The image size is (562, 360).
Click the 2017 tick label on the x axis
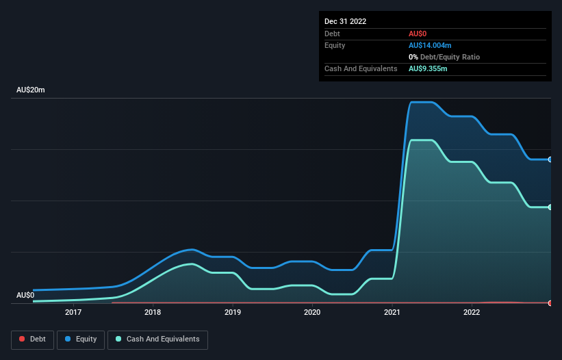coord(73,312)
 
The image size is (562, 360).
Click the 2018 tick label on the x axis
coord(153,312)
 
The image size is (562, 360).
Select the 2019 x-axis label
coord(233,312)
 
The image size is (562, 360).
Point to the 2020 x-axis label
coord(312,312)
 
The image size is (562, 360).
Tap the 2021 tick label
coord(392,312)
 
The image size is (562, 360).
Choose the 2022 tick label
coord(472,312)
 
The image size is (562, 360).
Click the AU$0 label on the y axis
coord(25,295)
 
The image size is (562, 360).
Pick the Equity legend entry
coord(81,339)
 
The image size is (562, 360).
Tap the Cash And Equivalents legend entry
coord(157,339)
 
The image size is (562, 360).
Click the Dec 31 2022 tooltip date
coord(345,21)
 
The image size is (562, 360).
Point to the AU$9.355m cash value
coord(429,68)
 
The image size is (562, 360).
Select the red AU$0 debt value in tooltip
coord(418,34)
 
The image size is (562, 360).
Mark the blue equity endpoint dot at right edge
coord(550,159)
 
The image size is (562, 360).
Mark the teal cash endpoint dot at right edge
coord(550,207)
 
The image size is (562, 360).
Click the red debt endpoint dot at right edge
coord(550,303)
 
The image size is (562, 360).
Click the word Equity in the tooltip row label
coord(335,45)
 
